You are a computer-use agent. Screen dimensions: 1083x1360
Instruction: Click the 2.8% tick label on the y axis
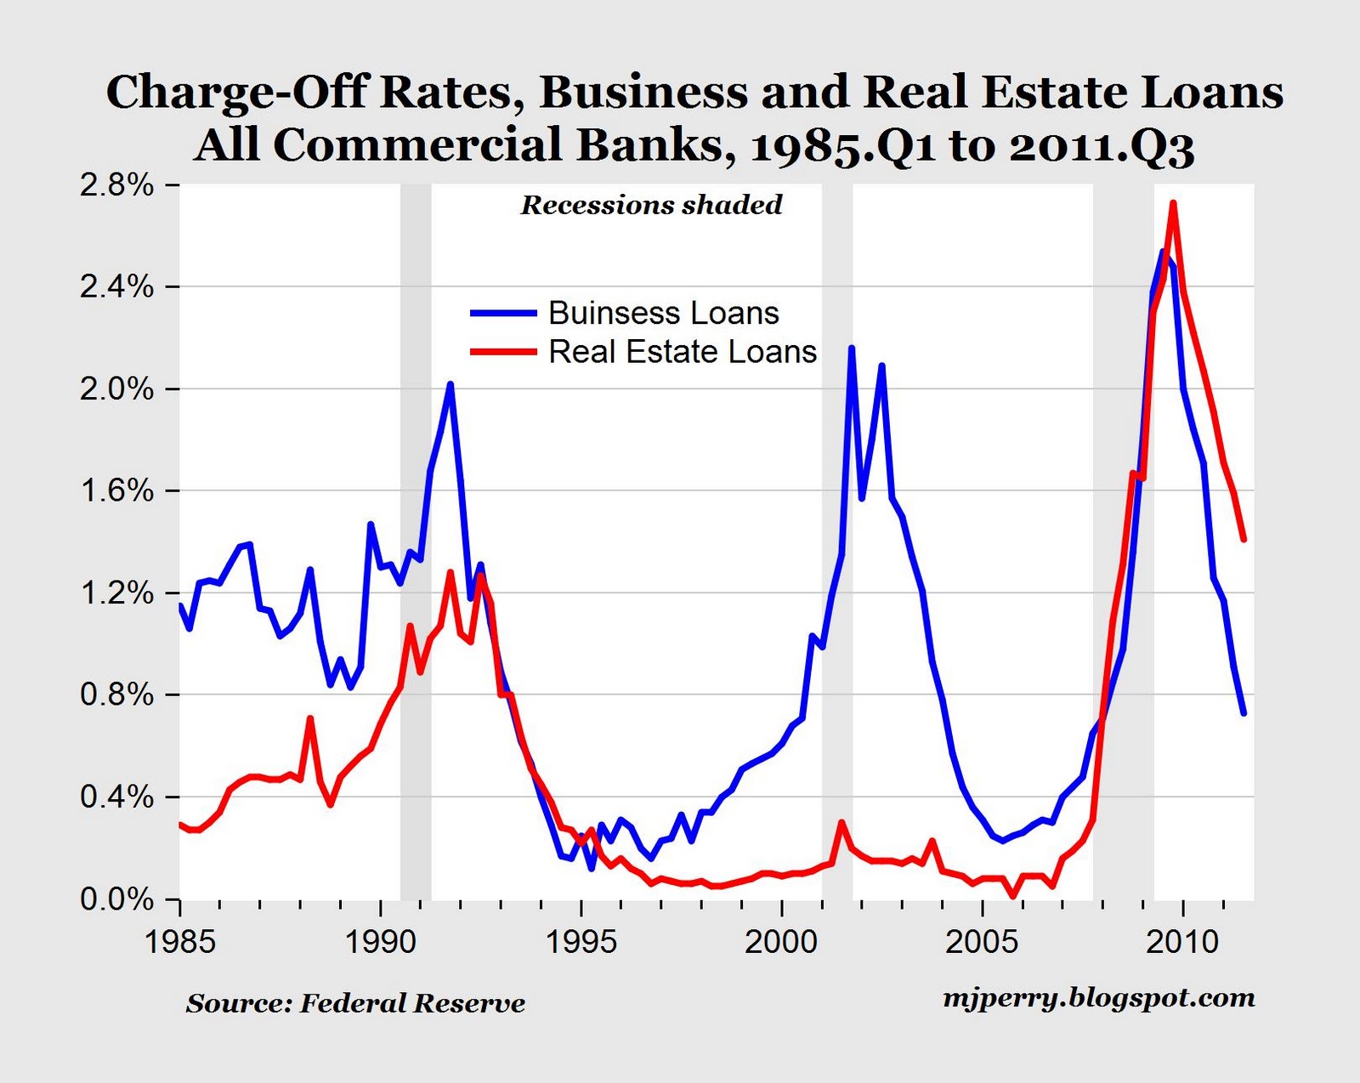coord(117,186)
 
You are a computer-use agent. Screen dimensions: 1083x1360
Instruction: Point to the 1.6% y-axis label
coord(117,491)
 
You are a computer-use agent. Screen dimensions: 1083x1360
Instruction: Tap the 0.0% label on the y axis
coord(117,899)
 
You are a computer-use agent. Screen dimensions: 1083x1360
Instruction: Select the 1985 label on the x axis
coord(179,942)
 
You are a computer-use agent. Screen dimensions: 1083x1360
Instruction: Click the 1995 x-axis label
coord(581,942)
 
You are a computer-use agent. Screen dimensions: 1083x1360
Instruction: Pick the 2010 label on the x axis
coord(1182,942)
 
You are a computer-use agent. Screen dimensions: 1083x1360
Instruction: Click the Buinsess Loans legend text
coord(663,313)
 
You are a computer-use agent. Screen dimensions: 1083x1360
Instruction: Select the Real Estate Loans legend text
coord(682,352)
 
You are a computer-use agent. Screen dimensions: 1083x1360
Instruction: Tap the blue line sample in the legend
coord(503,313)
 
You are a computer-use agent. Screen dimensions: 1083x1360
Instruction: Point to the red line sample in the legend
coord(503,352)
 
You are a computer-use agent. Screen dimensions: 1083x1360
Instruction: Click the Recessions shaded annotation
coord(651,205)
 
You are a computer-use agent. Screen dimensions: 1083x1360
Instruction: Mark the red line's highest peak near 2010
coord(1173,202)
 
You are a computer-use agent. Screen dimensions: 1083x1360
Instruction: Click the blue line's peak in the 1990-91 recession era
coord(450,384)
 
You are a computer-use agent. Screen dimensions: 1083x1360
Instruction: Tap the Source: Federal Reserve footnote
coord(355,1004)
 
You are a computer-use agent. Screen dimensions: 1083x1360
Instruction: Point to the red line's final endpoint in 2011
coord(1244,539)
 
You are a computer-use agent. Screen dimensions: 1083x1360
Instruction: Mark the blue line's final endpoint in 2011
coord(1244,713)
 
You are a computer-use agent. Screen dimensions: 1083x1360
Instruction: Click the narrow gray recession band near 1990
coord(416,544)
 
